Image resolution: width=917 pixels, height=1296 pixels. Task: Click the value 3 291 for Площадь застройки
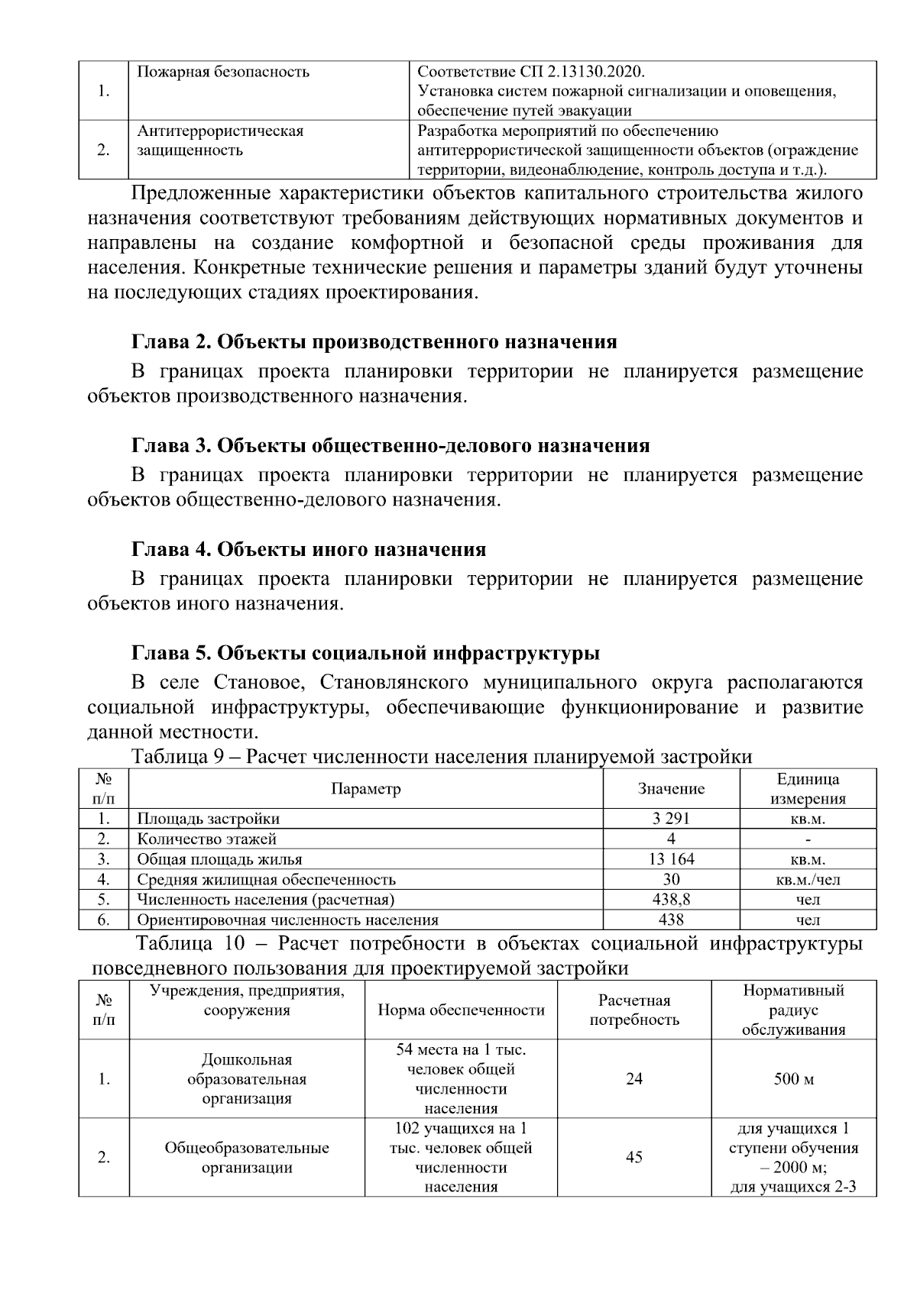pyautogui.click(x=671, y=819)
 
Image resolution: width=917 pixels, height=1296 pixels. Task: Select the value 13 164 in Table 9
pyautogui.click(x=671, y=859)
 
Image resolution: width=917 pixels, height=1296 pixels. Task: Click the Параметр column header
pyautogui.click(x=365, y=789)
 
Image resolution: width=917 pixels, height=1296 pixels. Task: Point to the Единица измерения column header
pyautogui.click(x=808, y=789)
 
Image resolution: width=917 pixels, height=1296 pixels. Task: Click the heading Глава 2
pyautogui.click(x=374, y=342)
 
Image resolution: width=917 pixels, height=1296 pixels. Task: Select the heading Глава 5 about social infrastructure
pyautogui.click(x=365, y=654)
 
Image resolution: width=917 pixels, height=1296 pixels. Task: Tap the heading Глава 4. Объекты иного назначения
pyautogui.click(x=309, y=550)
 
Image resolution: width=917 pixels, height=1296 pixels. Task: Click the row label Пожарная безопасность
pyautogui.click(x=223, y=73)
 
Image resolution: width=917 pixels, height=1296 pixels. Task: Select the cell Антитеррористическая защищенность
pyautogui.click(x=220, y=141)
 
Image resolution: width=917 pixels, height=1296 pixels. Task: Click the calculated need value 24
pyautogui.click(x=633, y=1079)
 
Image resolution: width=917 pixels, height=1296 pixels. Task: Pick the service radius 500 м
pyautogui.click(x=793, y=1079)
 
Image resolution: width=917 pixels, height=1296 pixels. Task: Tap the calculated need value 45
pyautogui.click(x=633, y=1158)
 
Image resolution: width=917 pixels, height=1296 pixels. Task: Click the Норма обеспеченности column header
pyautogui.click(x=461, y=1010)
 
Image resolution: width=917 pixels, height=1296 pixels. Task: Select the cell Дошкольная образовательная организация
pyautogui.click(x=246, y=1079)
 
